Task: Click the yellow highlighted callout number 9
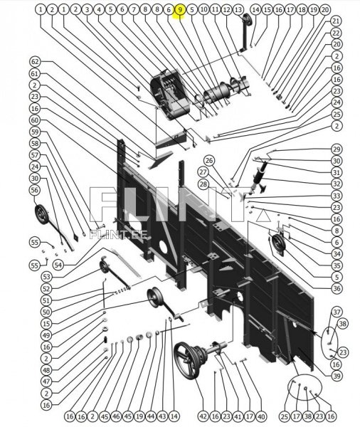coord(180,10)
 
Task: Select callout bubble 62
coord(35,61)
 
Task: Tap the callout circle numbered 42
coord(203,416)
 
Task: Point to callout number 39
coord(337,376)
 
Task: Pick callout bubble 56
coord(35,190)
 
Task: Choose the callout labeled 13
coord(238,10)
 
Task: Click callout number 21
coord(337,21)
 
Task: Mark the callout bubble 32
coord(337,184)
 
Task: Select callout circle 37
coord(337,312)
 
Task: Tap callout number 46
coord(116,416)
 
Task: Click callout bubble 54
coord(58,265)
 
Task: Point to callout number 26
coord(209,160)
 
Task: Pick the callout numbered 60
coord(35,120)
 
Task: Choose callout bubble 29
coord(337,149)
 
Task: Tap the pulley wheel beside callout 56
coord(41,214)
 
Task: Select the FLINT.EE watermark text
coord(118,234)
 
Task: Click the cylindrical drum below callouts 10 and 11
coord(216,93)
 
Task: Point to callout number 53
coord(46,277)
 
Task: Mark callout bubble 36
coord(337,288)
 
